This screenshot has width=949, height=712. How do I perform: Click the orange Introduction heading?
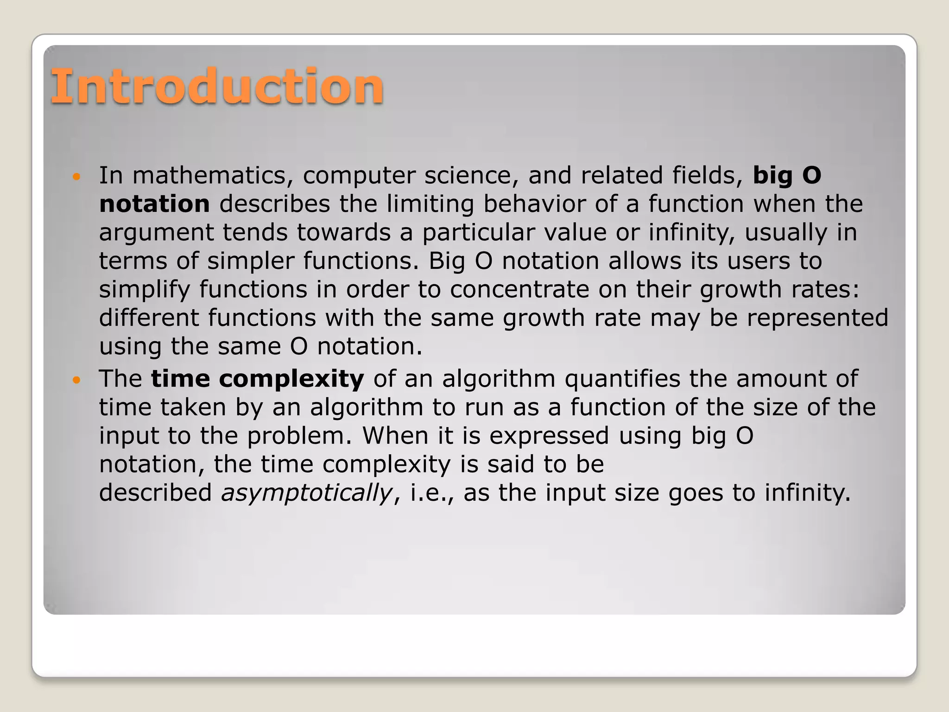pos(217,86)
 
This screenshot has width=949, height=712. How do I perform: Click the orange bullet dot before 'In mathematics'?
pos(77,177)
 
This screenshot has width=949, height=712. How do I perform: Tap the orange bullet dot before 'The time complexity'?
pos(77,380)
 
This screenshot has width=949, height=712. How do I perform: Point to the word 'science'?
pos(467,176)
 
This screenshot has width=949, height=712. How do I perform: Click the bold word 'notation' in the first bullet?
pos(154,204)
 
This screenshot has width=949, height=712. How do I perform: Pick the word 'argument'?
pos(156,233)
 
